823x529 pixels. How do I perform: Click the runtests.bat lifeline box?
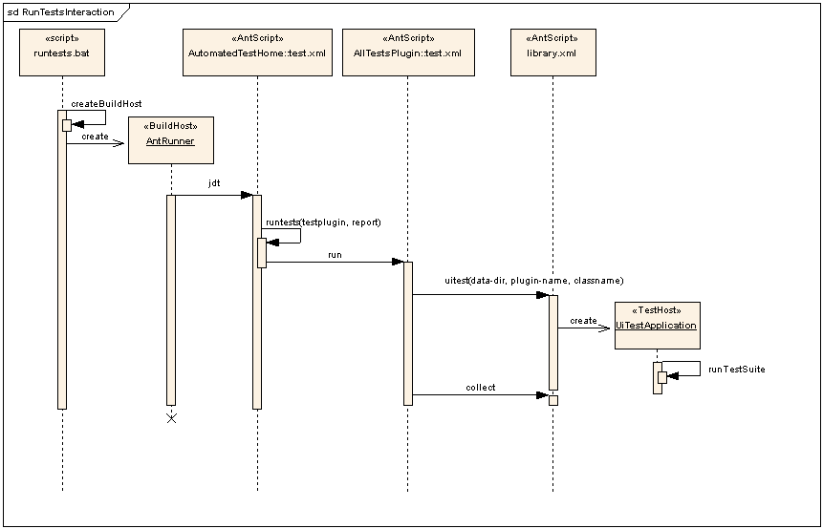click(x=62, y=53)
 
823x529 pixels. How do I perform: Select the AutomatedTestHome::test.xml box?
click(x=257, y=53)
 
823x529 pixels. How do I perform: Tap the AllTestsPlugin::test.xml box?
click(x=407, y=53)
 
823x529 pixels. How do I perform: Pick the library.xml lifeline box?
click(x=552, y=53)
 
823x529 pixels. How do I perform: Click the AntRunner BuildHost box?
click(x=170, y=139)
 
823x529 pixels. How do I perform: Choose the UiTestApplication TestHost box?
click(x=657, y=325)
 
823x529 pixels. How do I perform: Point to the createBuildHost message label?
click(x=106, y=103)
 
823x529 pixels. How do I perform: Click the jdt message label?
click(x=214, y=181)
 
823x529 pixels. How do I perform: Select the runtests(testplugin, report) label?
click(x=323, y=222)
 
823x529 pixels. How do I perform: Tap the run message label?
click(x=335, y=255)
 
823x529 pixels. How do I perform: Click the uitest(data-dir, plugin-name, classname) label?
click(x=534, y=281)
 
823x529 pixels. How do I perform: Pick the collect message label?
click(x=481, y=388)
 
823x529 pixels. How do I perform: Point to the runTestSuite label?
click(x=737, y=369)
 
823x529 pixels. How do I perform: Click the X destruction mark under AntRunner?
click(x=171, y=418)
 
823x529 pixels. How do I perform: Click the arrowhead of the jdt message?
click(x=247, y=195)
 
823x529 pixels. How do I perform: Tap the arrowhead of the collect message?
click(x=542, y=394)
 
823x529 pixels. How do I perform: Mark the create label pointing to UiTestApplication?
click(x=583, y=321)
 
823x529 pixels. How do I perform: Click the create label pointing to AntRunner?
click(x=95, y=137)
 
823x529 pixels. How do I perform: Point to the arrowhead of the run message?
click(x=398, y=262)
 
